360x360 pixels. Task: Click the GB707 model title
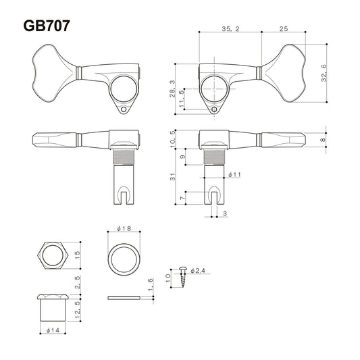(46, 26)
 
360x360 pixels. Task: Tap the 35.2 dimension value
(230, 29)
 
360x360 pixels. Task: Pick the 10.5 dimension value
(174, 138)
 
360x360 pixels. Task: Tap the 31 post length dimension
(174, 177)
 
